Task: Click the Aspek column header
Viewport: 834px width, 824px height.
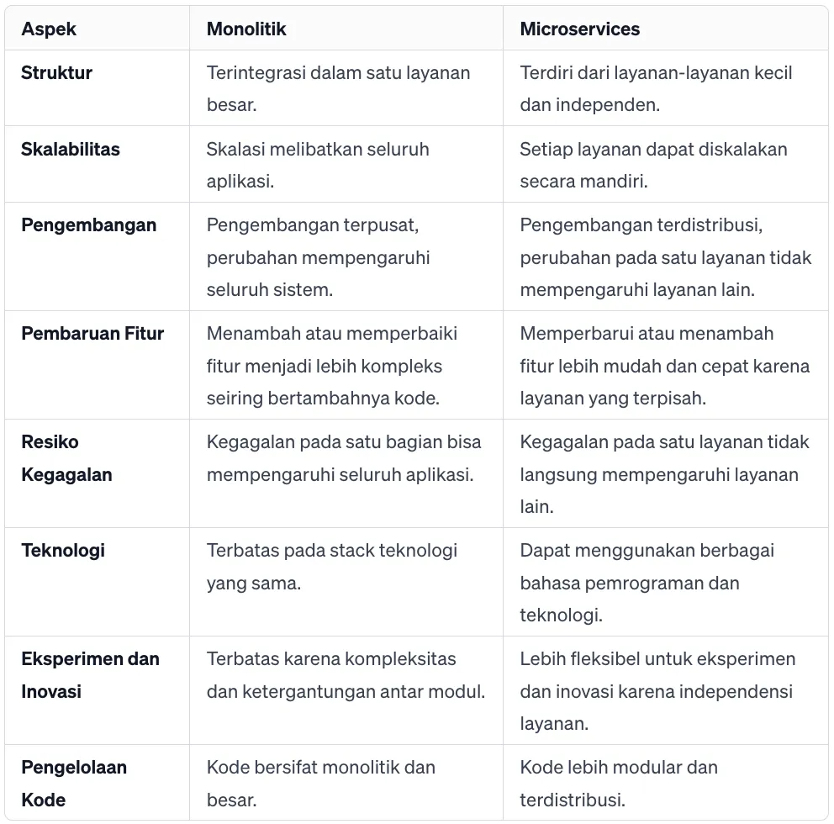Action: tap(49, 29)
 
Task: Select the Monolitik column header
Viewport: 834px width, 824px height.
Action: tap(246, 29)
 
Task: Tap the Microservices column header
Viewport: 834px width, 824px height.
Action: tap(579, 29)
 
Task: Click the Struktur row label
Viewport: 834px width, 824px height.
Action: tap(56, 72)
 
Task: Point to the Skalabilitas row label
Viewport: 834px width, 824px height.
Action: tap(71, 149)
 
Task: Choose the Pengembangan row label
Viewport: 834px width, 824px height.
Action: tap(88, 225)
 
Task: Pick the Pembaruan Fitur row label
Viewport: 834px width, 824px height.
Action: tap(92, 333)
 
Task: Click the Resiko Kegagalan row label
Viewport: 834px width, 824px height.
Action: tap(66, 457)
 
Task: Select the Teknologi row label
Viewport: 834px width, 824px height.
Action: tap(63, 551)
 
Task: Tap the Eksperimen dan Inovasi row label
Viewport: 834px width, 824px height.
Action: tap(90, 674)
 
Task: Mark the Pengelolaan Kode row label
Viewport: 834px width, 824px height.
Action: tap(74, 783)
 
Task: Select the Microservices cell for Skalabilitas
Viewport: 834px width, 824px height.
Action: tap(653, 165)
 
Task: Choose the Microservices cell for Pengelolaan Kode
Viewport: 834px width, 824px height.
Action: tap(619, 783)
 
